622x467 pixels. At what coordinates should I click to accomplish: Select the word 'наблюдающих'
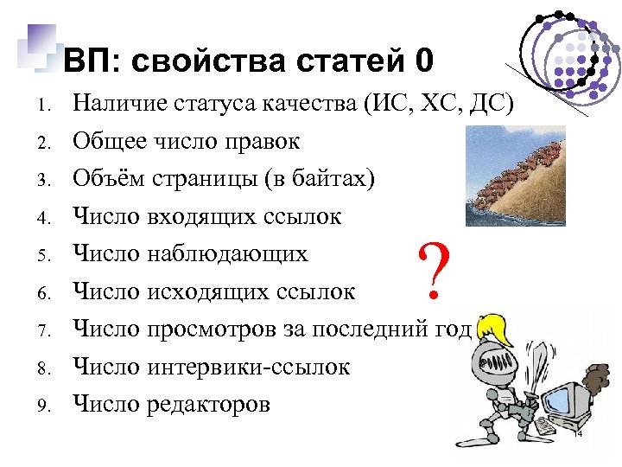click(x=227, y=254)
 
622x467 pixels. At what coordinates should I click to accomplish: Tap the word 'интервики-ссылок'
click(x=249, y=367)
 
